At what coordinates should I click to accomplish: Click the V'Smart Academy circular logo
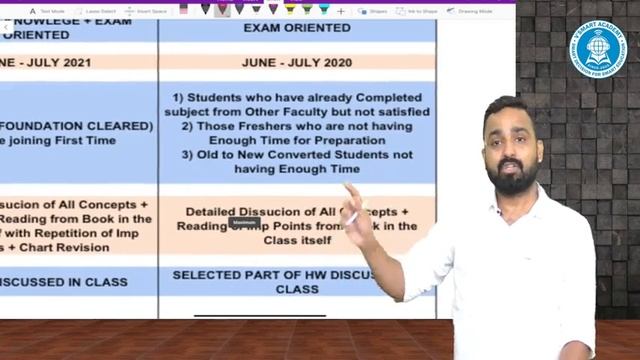coord(596,46)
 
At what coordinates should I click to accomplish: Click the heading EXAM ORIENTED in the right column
coord(296,28)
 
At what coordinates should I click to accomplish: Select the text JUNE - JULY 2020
coord(296,62)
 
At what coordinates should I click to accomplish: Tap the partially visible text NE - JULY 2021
coord(46,62)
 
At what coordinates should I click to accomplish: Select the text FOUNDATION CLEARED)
coord(62,126)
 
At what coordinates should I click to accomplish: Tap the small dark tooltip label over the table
coord(245,222)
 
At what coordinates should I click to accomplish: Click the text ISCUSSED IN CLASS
coord(64,282)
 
